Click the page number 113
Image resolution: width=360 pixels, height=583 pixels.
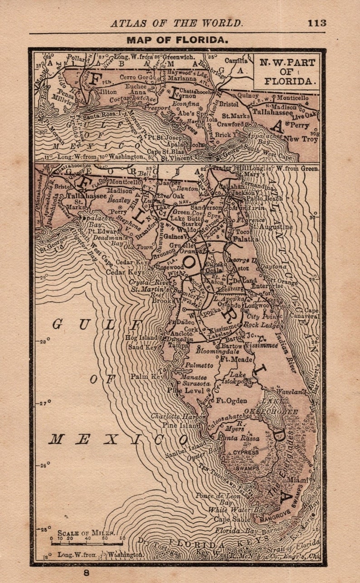pos(316,23)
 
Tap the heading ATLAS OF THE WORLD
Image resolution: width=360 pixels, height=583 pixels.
pos(177,23)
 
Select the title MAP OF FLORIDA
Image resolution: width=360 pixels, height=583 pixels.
pos(177,40)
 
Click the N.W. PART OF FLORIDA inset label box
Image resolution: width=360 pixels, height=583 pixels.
pos(286,72)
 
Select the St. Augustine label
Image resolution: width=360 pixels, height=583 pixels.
pos(270,226)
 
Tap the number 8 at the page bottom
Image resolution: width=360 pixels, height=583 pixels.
pos(86,573)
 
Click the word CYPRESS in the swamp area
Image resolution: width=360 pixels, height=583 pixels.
pos(246,452)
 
